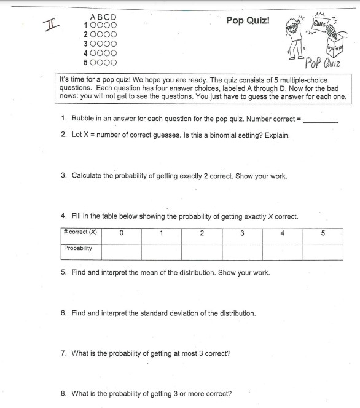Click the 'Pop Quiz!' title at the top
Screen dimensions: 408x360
248,20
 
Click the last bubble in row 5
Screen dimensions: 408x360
113,62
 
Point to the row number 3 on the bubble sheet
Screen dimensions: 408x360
85,44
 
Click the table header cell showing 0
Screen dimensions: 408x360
121,233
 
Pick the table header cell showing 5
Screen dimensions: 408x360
323,233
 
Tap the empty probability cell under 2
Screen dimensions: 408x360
202,252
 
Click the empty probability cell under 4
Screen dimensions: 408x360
282,252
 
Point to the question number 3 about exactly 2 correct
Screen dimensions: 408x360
64,176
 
